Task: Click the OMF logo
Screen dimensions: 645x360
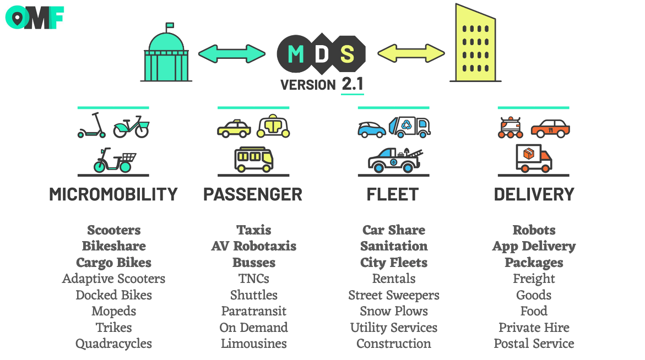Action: click(x=35, y=18)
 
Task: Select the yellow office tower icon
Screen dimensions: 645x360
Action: click(x=475, y=43)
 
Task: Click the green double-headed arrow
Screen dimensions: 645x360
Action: click(x=232, y=54)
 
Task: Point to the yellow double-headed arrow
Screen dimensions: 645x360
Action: click(x=411, y=53)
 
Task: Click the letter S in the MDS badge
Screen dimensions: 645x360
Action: click(x=347, y=54)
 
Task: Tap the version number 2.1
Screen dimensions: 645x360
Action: click(x=353, y=84)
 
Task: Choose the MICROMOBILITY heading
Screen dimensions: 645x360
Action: click(x=113, y=194)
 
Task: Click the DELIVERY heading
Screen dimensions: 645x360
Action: click(x=534, y=194)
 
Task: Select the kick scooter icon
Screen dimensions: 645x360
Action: click(x=91, y=125)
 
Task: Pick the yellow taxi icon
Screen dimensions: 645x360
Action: click(x=234, y=128)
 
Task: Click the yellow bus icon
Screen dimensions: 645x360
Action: click(x=254, y=160)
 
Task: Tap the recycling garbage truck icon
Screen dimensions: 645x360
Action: click(x=410, y=126)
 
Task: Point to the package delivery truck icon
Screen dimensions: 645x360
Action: click(x=534, y=158)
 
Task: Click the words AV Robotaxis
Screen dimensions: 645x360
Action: click(x=254, y=246)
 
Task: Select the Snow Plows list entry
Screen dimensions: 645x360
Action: click(x=394, y=311)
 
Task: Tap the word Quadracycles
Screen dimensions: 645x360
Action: click(x=113, y=344)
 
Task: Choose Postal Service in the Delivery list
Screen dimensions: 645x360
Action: click(x=534, y=343)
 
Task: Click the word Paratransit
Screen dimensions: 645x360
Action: click(x=254, y=311)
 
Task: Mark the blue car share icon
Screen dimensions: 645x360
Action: click(x=372, y=129)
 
